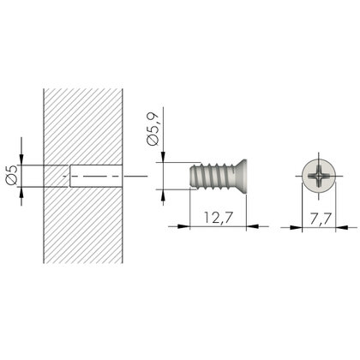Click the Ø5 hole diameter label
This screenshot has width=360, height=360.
pyautogui.click(x=10, y=178)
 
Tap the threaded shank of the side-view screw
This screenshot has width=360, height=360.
pyautogui.click(x=203, y=180)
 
